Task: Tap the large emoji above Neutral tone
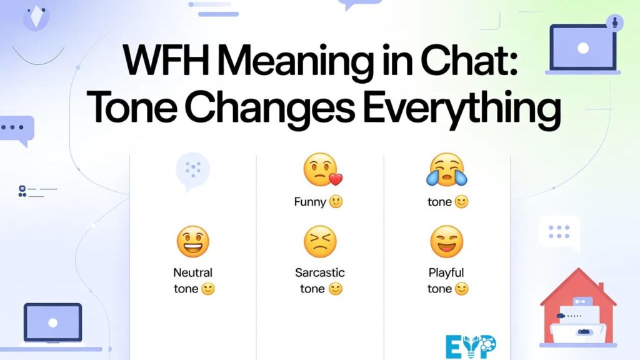pos(192,242)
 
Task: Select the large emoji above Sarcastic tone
pos(320,242)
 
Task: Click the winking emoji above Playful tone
pos(446,242)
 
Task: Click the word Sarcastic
pos(320,272)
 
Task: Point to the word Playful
pos(446,272)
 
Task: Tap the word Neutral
pos(193,272)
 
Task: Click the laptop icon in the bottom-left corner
pos(54,324)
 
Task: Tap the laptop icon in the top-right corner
pos(582,49)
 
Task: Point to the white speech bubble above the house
pos(559,232)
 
